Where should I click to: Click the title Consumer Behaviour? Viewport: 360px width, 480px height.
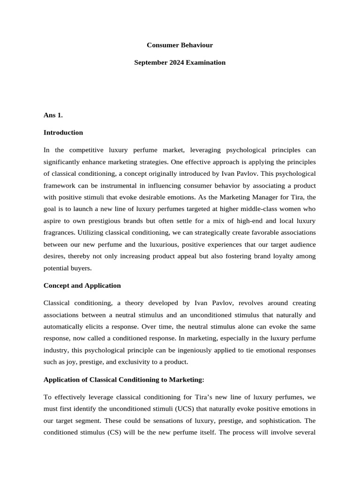(x=180, y=45)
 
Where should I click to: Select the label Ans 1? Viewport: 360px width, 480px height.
(x=53, y=115)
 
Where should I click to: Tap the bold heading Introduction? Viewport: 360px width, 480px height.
(x=63, y=133)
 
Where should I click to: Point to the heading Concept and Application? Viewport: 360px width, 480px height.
(x=82, y=285)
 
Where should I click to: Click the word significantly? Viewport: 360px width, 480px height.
(x=63, y=162)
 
